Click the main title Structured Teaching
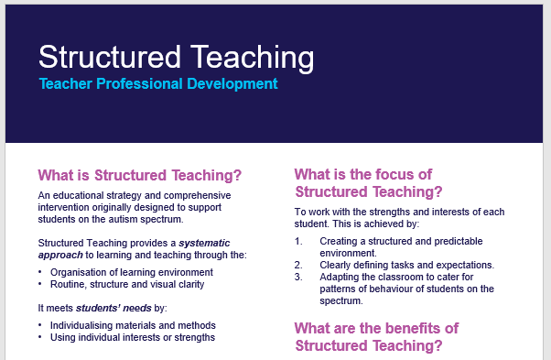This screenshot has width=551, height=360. point(176,57)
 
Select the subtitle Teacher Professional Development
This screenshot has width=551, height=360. point(157,84)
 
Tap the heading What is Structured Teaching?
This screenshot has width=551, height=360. point(139,175)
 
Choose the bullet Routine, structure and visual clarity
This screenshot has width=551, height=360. point(127,284)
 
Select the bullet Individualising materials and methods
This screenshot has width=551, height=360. point(133,325)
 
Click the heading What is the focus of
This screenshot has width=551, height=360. point(362,174)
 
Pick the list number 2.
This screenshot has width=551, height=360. point(298,266)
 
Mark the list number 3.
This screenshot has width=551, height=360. point(298,278)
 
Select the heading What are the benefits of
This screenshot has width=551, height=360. point(376,328)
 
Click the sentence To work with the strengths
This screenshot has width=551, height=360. point(399,213)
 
